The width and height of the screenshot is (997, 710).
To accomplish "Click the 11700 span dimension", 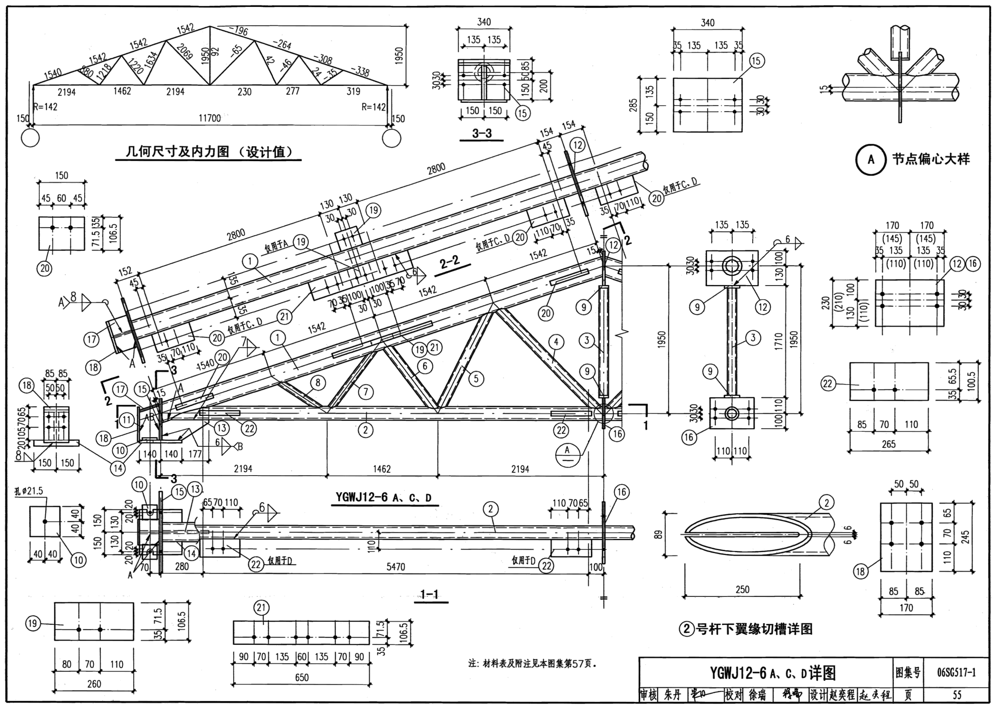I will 210,118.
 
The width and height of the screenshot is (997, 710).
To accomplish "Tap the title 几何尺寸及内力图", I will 208,151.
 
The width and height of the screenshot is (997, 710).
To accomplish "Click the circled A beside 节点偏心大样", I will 871,160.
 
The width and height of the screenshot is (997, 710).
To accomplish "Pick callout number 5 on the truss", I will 476,379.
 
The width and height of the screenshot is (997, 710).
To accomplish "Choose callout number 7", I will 365,392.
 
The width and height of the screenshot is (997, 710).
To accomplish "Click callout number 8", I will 318,382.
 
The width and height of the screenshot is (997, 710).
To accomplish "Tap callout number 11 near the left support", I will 127,420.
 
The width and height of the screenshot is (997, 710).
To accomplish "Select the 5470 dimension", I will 395,567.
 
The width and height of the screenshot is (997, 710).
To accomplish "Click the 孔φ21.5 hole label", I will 29,491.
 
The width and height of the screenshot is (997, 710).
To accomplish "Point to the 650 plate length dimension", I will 302,678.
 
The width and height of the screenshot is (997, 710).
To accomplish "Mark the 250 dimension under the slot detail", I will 742,589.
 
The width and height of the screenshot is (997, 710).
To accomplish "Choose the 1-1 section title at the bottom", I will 429,594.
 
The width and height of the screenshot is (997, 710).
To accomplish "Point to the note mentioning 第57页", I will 532,664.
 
